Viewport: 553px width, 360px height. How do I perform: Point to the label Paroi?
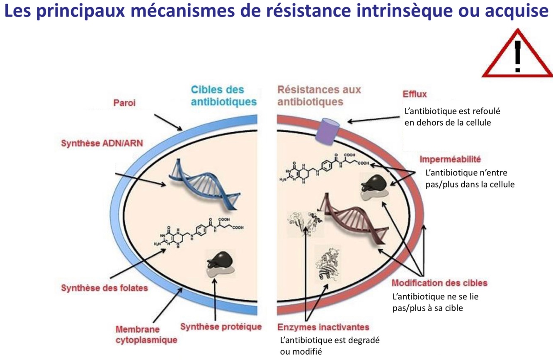click(x=124, y=103)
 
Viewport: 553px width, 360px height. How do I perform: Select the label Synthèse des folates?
click(x=104, y=287)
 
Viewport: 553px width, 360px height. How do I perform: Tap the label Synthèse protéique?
click(x=221, y=326)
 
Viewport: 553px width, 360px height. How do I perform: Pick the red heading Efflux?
click(x=415, y=94)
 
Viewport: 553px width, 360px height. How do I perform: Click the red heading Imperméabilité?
click(x=450, y=159)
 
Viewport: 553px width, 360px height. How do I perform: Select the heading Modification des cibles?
click(x=439, y=283)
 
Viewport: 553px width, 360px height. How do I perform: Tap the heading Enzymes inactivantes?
click(x=323, y=327)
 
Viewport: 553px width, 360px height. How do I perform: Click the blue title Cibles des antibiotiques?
click(x=223, y=95)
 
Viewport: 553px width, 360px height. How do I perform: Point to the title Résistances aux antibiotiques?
click(x=319, y=95)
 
